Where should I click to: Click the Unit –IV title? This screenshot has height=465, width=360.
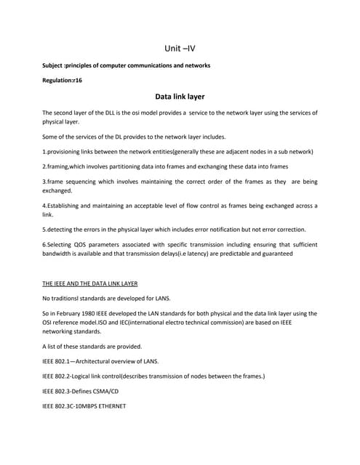pyautogui.click(x=180, y=50)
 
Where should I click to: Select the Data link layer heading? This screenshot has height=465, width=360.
pyautogui.click(x=180, y=96)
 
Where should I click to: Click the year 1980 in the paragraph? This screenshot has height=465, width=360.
pyautogui.click(x=99, y=313)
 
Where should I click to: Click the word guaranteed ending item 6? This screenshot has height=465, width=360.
pyautogui.click(x=274, y=254)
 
